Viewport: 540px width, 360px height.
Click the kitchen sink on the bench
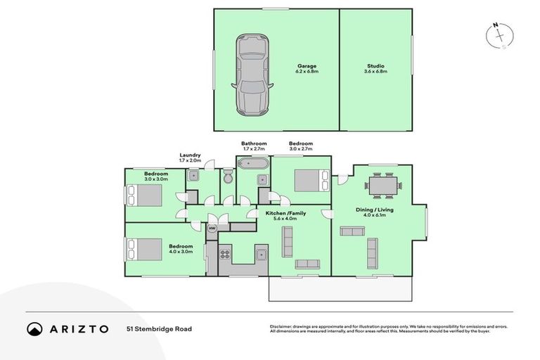[260, 254]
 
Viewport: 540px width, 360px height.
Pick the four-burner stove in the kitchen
[226, 255]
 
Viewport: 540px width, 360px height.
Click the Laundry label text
[190, 155]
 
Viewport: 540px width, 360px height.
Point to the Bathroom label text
[254, 143]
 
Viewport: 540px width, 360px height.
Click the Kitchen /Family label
[285, 212]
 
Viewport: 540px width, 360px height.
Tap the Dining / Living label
[374, 210]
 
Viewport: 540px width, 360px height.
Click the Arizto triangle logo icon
[34, 328]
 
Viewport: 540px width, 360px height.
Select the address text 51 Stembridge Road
[159, 328]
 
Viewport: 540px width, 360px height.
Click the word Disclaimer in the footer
[281, 326]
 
